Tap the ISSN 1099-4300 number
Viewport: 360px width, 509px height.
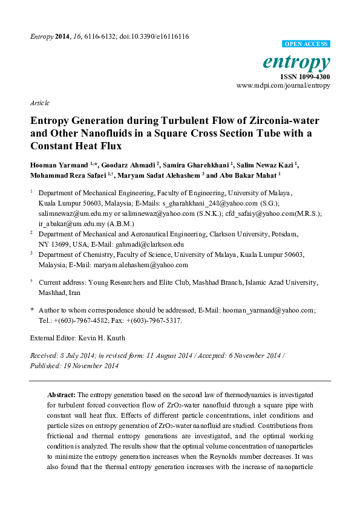click(305, 77)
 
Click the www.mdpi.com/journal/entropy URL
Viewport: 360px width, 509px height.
click(283, 86)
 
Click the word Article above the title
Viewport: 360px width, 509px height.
click(39, 103)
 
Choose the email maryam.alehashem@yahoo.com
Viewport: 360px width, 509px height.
click(149, 265)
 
